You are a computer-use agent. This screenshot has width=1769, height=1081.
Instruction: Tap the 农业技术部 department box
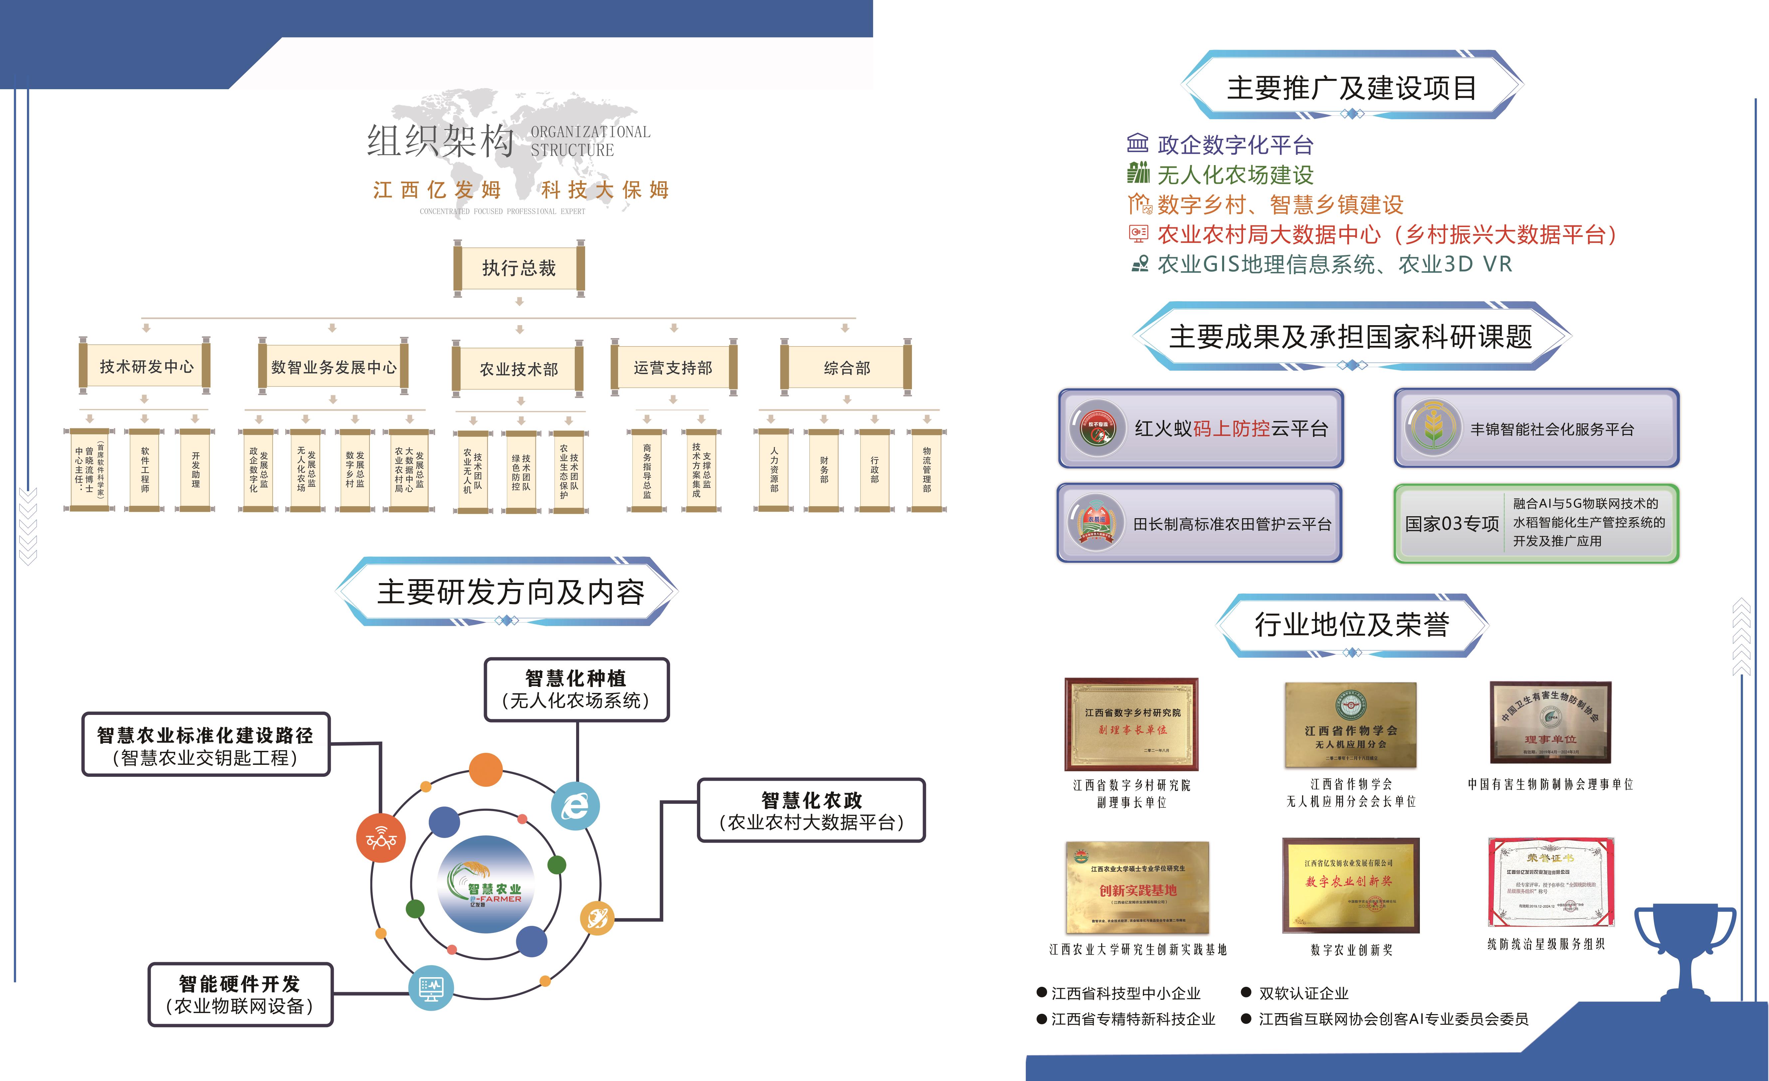pyautogui.click(x=518, y=369)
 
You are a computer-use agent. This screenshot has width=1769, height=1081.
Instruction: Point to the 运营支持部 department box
pyautogui.click(x=673, y=367)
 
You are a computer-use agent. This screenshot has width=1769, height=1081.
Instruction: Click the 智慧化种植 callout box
pyautogui.click(x=576, y=689)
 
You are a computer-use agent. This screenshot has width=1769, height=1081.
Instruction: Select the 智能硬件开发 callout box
pyautogui.click(x=240, y=994)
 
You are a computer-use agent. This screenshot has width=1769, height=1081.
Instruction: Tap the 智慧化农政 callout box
pyautogui.click(x=811, y=810)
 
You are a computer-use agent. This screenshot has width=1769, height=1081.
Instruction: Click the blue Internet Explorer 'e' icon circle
pyautogui.click(x=575, y=806)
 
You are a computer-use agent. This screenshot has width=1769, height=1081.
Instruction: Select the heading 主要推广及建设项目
pyautogui.click(x=1351, y=88)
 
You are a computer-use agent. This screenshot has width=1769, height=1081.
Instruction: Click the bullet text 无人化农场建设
pyautogui.click(x=1235, y=174)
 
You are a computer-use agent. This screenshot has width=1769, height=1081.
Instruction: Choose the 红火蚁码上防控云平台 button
pyautogui.click(x=1201, y=429)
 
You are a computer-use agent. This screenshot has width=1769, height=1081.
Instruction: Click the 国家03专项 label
pyautogui.click(x=1452, y=523)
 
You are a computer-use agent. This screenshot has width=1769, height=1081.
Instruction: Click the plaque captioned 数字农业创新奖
pyautogui.click(x=1350, y=885)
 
